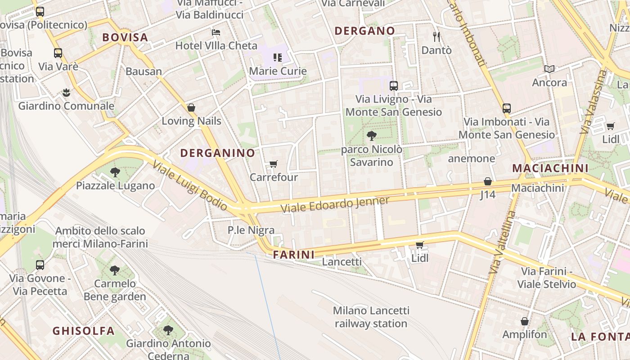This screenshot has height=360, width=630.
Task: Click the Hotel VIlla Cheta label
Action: (216, 45)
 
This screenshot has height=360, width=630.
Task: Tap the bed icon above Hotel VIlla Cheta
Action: (216, 32)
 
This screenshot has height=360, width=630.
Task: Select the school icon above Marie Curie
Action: (278, 57)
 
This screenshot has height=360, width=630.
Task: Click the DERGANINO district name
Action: (218, 153)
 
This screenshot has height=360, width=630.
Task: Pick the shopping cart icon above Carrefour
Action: (273, 164)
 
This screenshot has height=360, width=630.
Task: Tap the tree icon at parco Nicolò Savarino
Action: (371, 135)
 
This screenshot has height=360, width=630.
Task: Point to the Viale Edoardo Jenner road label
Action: (335, 205)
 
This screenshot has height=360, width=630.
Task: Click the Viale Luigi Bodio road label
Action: (190, 185)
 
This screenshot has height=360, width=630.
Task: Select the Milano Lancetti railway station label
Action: (371, 317)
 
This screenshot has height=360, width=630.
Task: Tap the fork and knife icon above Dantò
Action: (436, 36)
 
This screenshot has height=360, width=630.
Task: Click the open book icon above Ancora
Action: (549, 69)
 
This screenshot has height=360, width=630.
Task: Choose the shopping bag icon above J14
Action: (487, 181)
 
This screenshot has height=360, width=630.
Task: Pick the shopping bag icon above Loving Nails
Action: (191, 108)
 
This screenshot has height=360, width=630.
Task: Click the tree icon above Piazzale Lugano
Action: (115, 172)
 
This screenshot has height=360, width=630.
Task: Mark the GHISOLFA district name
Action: (84, 331)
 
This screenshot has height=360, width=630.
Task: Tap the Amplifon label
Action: (524, 334)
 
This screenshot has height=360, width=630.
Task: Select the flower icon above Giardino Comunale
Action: (66, 93)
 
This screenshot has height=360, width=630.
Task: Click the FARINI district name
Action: (294, 255)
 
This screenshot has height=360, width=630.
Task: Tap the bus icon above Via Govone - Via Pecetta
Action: (40, 265)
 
